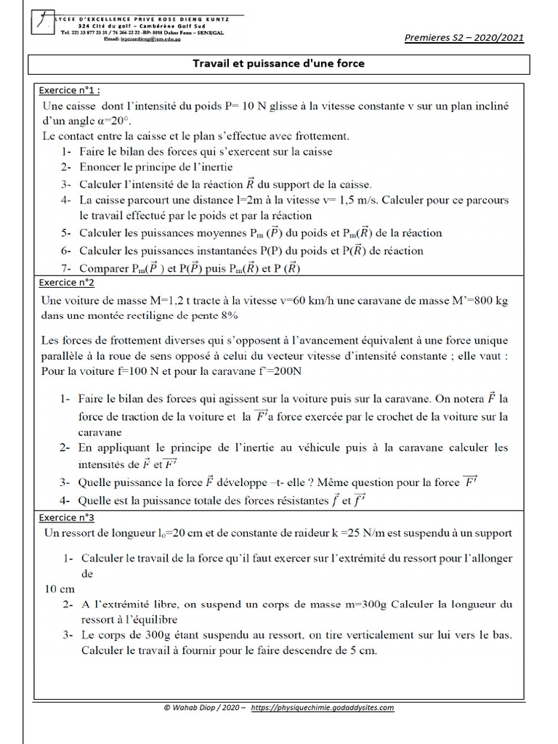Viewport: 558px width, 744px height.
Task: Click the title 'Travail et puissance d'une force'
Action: [278, 64]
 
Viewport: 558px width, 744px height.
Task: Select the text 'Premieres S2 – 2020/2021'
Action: [464, 39]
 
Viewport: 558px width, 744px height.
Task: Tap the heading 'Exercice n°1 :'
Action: [69, 91]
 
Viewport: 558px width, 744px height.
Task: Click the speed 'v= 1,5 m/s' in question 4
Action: [350, 200]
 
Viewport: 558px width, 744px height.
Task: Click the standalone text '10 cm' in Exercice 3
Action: [60, 589]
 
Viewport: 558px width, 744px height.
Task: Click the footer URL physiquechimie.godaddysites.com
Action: [323, 708]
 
